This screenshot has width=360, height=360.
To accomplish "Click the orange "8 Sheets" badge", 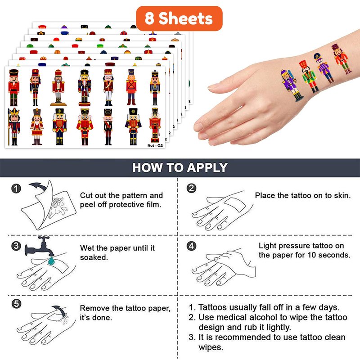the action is [179, 18].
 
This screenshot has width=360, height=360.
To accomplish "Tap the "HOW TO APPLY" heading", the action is [180, 167].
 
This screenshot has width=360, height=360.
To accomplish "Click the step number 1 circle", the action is [16, 189].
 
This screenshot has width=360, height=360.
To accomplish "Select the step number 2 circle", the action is [192, 188].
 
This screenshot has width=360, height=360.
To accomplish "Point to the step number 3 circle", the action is [16, 246].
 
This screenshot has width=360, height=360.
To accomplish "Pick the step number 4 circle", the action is [192, 246].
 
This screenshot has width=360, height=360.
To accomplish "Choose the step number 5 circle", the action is [16, 304].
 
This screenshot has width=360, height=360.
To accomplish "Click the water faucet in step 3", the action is [39, 246].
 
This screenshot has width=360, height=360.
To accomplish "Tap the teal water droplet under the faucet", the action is [51, 261].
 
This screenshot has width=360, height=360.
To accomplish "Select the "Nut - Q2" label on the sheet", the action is [155, 145].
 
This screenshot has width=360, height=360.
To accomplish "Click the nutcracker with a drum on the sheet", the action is [37, 126].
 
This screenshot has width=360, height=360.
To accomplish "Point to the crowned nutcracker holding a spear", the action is [14, 126].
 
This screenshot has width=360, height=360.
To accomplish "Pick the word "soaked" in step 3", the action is [94, 257].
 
